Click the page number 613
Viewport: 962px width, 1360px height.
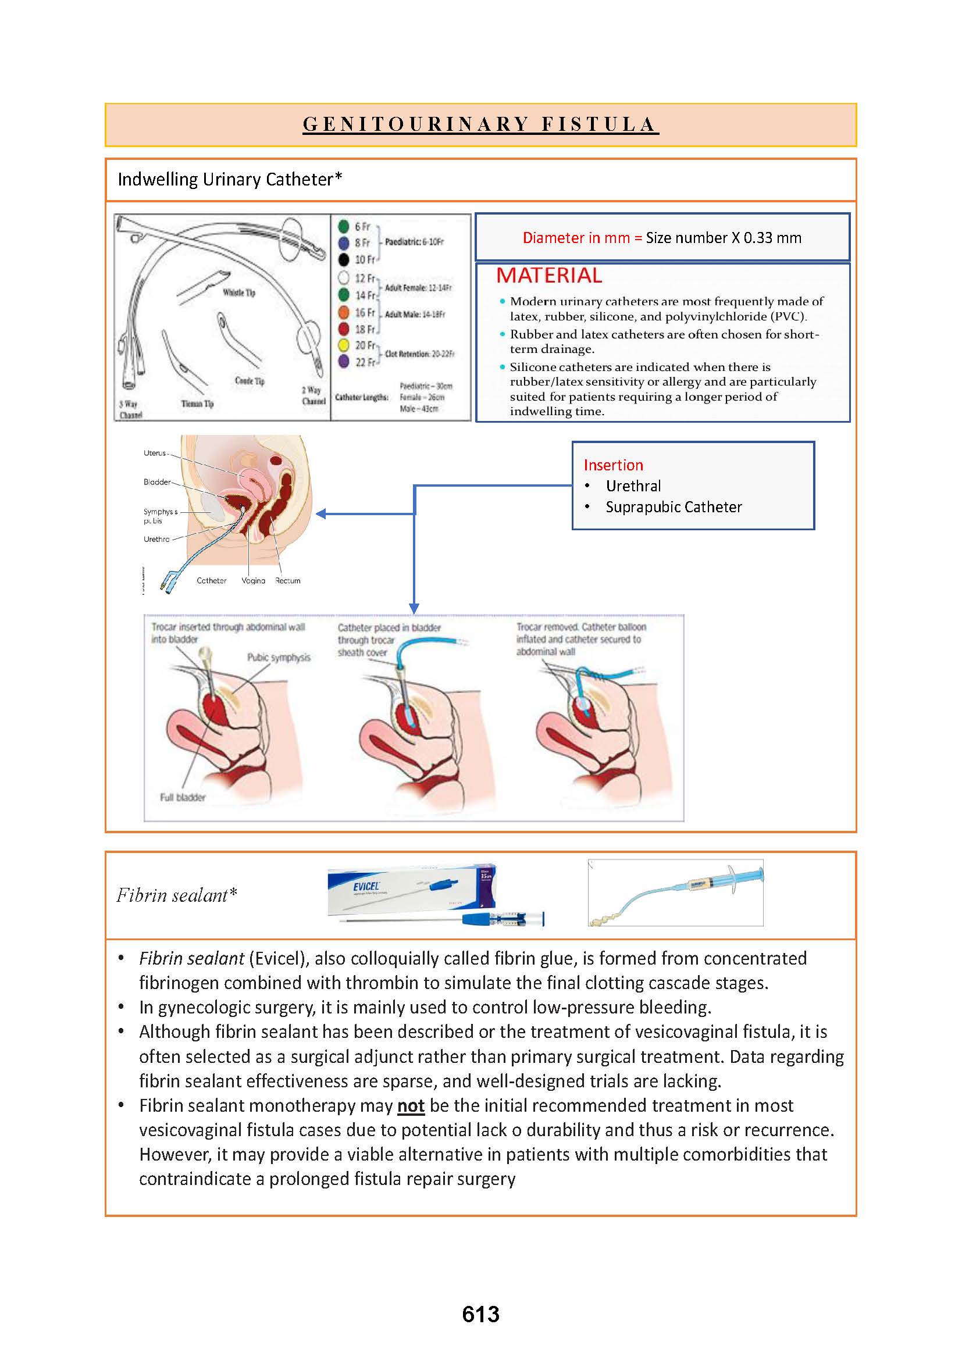(x=480, y=1314)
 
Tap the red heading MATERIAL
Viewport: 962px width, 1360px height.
(x=548, y=276)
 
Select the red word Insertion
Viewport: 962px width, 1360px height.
(x=613, y=465)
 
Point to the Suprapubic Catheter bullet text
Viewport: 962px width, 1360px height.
(x=674, y=507)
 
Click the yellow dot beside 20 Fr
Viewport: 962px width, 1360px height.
(x=343, y=345)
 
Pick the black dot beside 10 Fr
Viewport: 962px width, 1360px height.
(x=343, y=259)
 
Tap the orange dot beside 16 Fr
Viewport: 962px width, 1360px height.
(x=343, y=312)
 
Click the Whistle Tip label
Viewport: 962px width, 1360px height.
(x=238, y=292)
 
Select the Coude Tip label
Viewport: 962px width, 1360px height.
(x=250, y=381)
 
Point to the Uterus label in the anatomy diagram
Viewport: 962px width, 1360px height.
(x=155, y=453)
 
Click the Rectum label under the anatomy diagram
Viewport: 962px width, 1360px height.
(x=288, y=580)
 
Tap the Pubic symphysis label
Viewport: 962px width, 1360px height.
(x=279, y=658)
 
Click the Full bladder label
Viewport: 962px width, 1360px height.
(x=183, y=797)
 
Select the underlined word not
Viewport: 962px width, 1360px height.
(x=411, y=1105)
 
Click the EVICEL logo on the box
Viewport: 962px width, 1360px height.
(x=365, y=886)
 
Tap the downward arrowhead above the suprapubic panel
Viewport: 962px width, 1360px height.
(x=414, y=608)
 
